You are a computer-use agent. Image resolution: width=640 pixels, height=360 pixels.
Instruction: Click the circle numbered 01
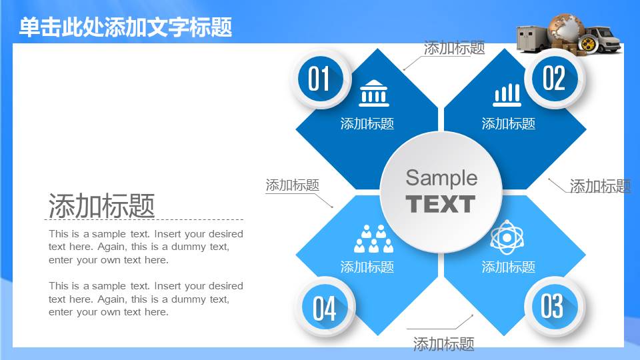[x=321, y=79]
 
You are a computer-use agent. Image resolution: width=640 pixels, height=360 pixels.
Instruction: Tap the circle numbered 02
[x=555, y=79]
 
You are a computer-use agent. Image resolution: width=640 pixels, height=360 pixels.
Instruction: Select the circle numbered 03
[x=555, y=307]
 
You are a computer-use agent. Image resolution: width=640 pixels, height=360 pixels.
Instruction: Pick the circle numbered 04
[x=325, y=307]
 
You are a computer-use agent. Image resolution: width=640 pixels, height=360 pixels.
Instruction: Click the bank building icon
[x=374, y=93]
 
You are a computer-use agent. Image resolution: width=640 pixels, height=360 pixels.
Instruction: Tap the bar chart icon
[x=507, y=95]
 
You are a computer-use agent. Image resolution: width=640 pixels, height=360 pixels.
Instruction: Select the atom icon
[x=507, y=237]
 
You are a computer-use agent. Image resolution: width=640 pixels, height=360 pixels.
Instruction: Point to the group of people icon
[x=374, y=239]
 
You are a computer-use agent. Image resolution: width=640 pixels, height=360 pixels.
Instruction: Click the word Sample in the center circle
[x=441, y=179]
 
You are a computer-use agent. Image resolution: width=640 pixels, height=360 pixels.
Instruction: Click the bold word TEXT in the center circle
[x=441, y=204]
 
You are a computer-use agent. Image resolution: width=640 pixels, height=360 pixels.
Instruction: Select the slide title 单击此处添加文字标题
[x=126, y=27]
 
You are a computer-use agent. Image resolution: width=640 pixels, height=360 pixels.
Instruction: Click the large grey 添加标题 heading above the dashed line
[x=101, y=205]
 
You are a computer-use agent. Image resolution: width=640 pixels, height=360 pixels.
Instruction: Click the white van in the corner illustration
[x=603, y=39]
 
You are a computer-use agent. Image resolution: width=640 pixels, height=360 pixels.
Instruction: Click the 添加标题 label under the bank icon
[x=367, y=124]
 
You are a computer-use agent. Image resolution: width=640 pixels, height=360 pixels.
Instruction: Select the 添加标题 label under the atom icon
[x=509, y=267]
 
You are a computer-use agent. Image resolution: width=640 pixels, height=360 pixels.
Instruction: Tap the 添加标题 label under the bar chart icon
[x=509, y=124]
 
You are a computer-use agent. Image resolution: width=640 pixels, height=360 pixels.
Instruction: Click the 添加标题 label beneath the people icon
[x=367, y=267]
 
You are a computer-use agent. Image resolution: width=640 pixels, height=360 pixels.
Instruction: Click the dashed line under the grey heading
[x=144, y=219]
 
